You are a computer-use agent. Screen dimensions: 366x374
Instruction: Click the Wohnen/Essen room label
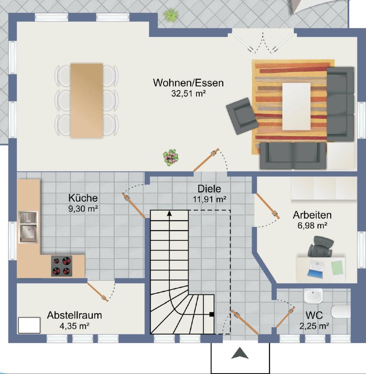click(x=188, y=83)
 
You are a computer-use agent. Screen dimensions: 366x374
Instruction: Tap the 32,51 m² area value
click(x=188, y=93)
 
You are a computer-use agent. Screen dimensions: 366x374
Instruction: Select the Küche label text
click(x=83, y=198)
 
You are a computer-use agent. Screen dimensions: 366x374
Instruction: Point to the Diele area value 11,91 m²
click(x=209, y=199)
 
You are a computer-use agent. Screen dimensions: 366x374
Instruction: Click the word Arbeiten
click(x=312, y=215)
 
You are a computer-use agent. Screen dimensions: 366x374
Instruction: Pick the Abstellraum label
click(x=75, y=315)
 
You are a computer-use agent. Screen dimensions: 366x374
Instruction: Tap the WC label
click(x=314, y=315)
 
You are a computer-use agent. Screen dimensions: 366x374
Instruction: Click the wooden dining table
click(x=87, y=100)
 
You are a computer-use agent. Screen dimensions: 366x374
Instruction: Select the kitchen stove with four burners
click(x=61, y=266)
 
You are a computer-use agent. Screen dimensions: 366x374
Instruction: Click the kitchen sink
click(x=28, y=227)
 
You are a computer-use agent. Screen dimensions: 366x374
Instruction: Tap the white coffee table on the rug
click(x=296, y=106)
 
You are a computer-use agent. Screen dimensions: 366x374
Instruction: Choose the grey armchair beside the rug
click(x=242, y=115)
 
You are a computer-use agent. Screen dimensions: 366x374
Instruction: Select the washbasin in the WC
click(x=313, y=296)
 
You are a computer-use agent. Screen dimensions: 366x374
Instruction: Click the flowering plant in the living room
click(x=171, y=157)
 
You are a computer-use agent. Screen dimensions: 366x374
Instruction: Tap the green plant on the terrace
click(x=171, y=14)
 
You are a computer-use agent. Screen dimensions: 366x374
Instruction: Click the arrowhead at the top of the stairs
click(x=169, y=213)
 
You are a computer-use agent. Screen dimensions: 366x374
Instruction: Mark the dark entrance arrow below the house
click(x=240, y=353)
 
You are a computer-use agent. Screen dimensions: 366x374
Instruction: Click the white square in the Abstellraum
click(x=29, y=325)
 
